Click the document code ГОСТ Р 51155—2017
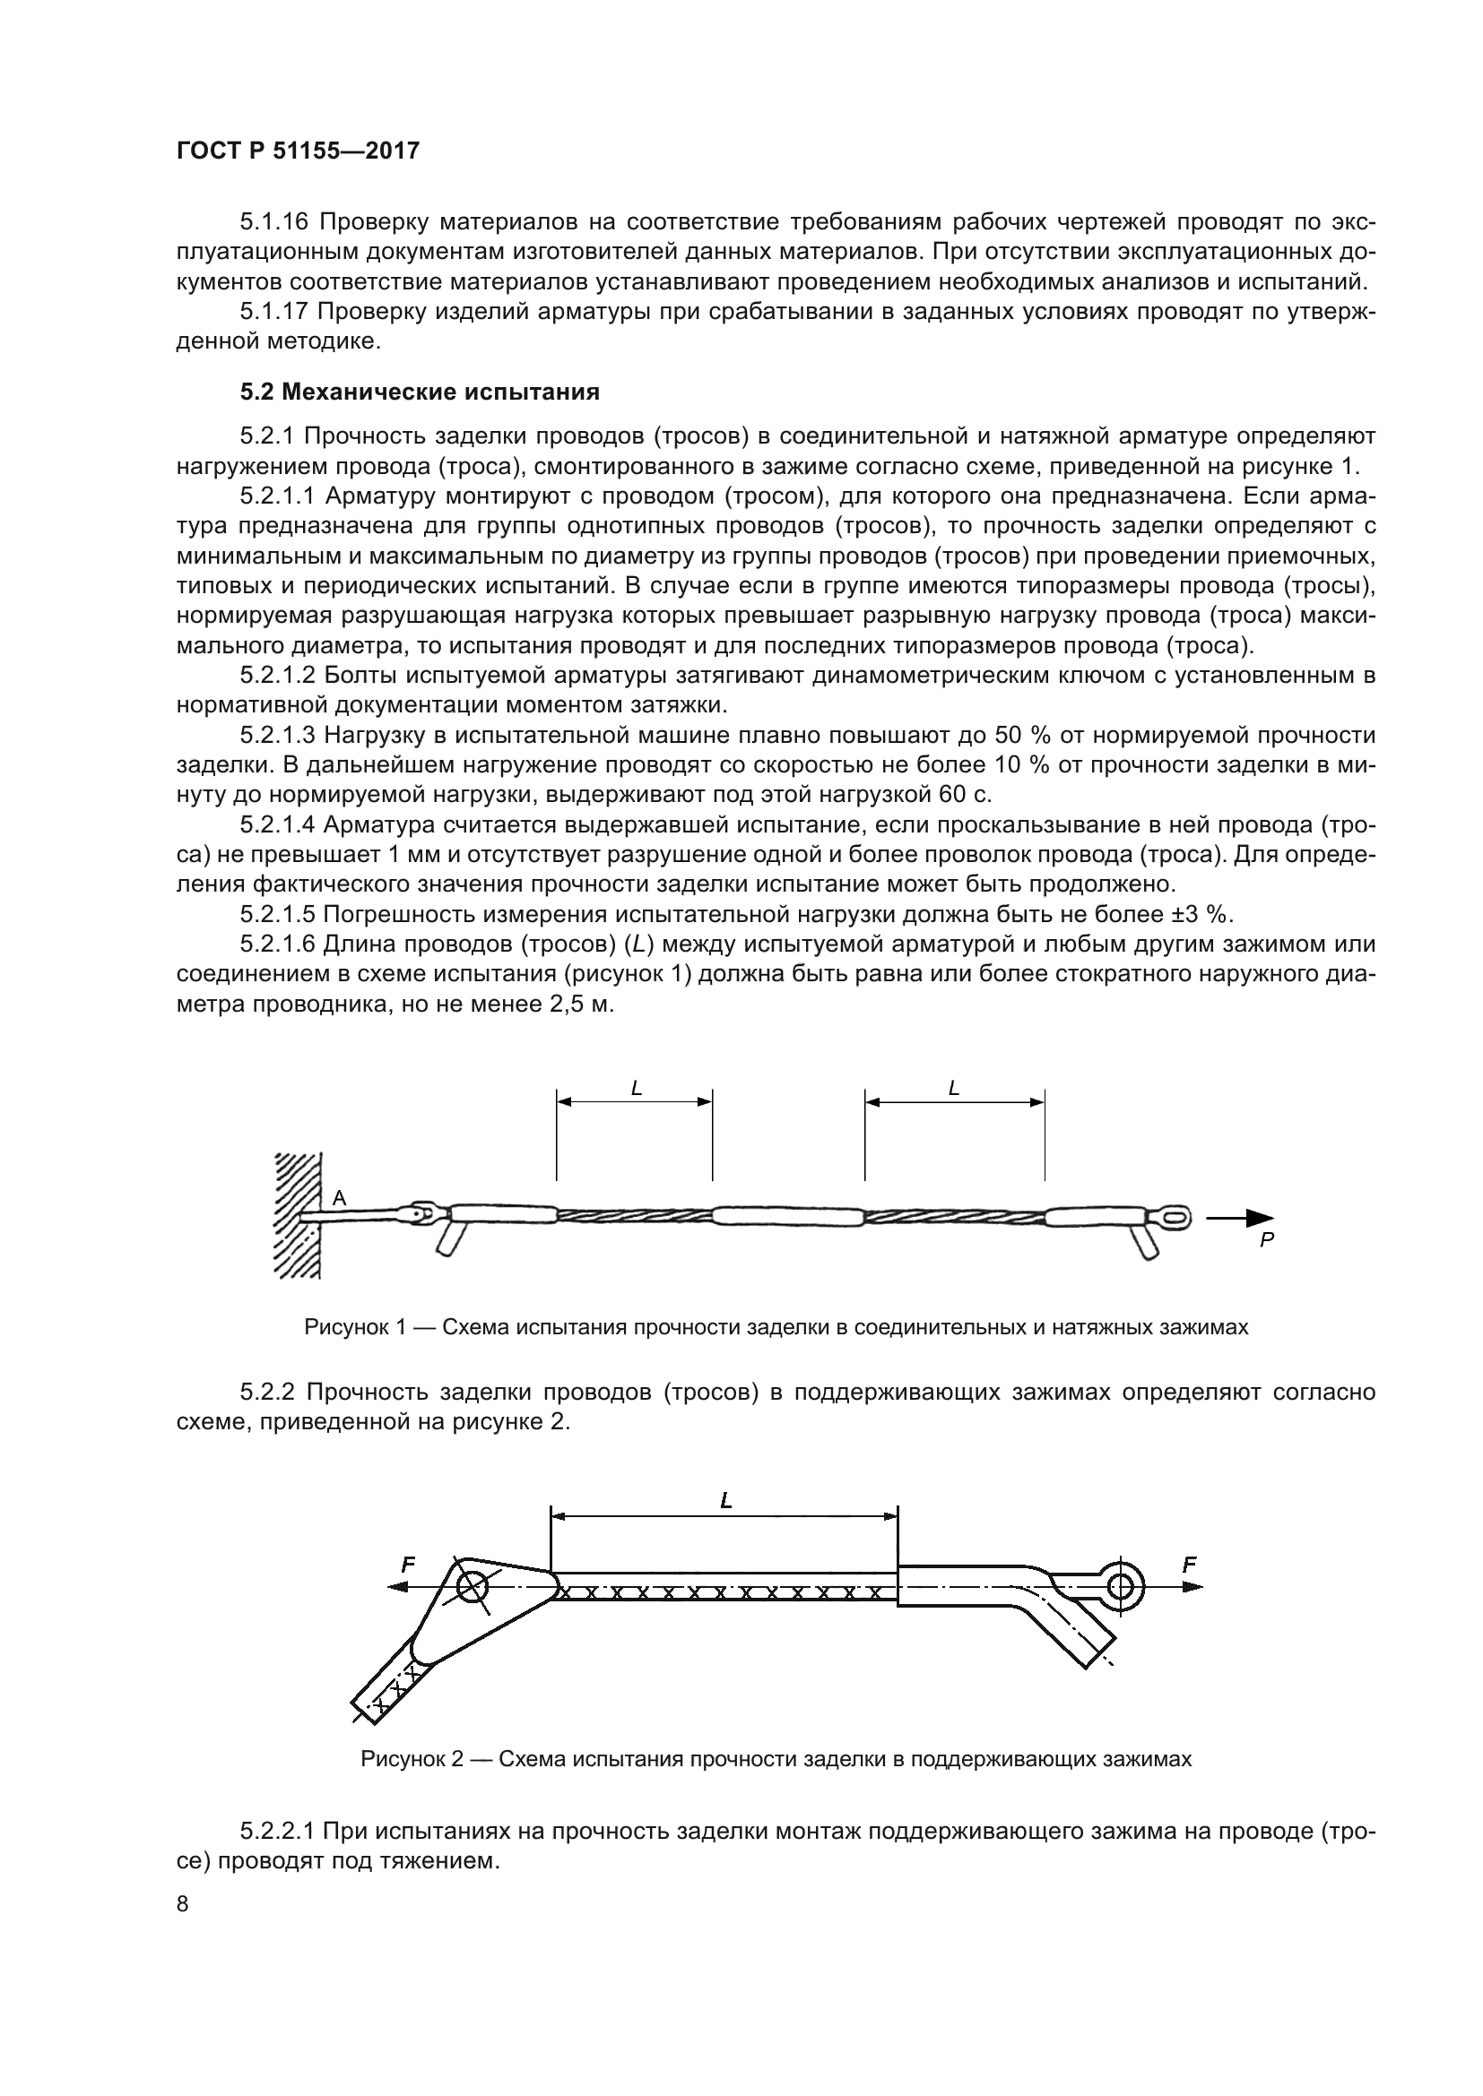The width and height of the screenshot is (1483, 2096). [x=298, y=151]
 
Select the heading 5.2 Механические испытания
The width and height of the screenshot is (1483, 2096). [x=420, y=392]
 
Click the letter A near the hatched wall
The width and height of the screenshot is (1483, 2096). [x=340, y=1199]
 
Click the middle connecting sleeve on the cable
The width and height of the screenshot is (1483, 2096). [x=787, y=1216]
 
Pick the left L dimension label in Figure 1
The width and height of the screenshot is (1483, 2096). [x=637, y=1088]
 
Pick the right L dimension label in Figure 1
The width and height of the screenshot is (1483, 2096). [x=954, y=1088]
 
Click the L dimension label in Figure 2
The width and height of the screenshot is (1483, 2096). [x=726, y=1501]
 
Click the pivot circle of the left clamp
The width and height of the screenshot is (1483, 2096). [x=473, y=1588]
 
